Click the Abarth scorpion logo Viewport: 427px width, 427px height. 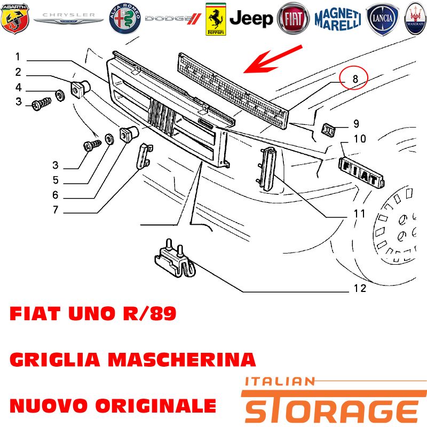click(x=15, y=19)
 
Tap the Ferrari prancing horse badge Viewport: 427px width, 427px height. click(x=216, y=19)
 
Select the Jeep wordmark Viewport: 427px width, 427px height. click(x=251, y=19)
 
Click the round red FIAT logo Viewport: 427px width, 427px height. click(x=293, y=19)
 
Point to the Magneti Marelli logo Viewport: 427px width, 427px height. click(x=338, y=19)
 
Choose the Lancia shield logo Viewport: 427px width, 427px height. click(x=382, y=19)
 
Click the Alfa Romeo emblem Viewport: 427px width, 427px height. click(x=125, y=19)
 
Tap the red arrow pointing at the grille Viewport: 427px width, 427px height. click(x=273, y=59)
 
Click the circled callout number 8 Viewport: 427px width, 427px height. click(x=355, y=79)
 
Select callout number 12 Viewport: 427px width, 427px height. click(x=360, y=288)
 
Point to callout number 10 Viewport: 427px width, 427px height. click(x=360, y=139)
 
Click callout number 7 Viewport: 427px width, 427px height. click(x=56, y=210)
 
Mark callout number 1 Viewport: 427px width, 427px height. click(x=18, y=57)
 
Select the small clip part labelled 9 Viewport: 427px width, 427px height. click(x=329, y=130)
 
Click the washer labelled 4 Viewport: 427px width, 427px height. click(x=60, y=95)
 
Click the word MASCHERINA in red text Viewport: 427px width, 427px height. click(x=182, y=359)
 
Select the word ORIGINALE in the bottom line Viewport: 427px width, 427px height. click(x=156, y=406)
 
